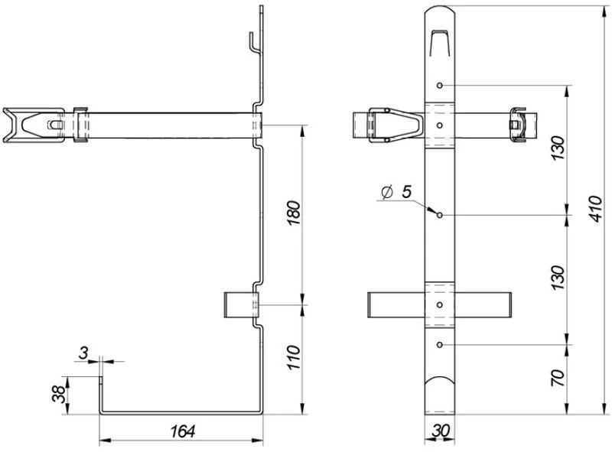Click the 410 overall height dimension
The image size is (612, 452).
pyautogui.click(x=596, y=209)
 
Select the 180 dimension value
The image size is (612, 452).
pyautogui.click(x=295, y=213)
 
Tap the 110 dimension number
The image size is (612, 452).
pyautogui.click(x=295, y=357)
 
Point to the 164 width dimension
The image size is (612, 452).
pyautogui.click(x=183, y=431)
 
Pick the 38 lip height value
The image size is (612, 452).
pyautogui.click(x=59, y=394)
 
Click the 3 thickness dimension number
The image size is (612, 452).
pyautogui.click(x=83, y=353)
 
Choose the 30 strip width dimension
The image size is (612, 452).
pyautogui.click(x=441, y=431)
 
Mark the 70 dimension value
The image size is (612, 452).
pyautogui.click(x=558, y=378)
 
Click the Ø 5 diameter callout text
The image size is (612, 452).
pyautogui.click(x=396, y=192)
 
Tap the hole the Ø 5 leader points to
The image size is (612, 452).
pyautogui.click(x=440, y=215)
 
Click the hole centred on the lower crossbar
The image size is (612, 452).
pyautogui.click(x=440, y=305)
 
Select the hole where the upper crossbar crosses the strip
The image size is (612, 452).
pyautogui.click(x=440, y=125)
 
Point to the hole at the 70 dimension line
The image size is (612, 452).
pyautogui.click(x=440, y=345)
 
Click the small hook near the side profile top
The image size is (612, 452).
pyautogui.click(x=254, y=43)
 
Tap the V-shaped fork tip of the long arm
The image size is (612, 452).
pyautogui.click(x=11, y=125)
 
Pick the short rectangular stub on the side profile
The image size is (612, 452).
pyautogui.click(x=240, y=304)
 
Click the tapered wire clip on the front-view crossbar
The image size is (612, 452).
pyautogui.click(x=396, y=125)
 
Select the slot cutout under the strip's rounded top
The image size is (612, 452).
pyautogui.click(x=440, y=43)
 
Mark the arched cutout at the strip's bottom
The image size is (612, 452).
pyautogui.click(x=440, y=385)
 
